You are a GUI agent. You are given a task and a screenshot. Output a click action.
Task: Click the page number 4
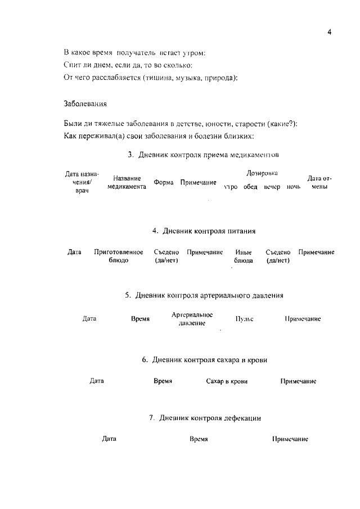point(329,33)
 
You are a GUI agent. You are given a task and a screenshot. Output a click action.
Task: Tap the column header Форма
point(164,183)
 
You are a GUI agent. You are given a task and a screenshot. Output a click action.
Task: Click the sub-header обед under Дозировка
point(250,186)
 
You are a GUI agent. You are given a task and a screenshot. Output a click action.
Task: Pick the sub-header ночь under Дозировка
point(294,186)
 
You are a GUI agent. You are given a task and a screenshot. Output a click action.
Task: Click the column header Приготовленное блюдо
point(118,256)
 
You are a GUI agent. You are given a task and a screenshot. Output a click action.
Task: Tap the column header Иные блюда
point(243,256)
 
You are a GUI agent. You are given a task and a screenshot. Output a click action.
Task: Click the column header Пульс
point(244,319)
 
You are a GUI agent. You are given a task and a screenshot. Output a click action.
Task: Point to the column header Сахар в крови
point(227,381)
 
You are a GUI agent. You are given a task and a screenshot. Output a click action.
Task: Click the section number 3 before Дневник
point(130,154)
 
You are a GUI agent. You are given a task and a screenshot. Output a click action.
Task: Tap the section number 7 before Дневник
point(152,418)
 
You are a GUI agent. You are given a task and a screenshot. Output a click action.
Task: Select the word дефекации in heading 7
point(239,418)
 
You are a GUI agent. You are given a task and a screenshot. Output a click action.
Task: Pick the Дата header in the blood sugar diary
point(97,381)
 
